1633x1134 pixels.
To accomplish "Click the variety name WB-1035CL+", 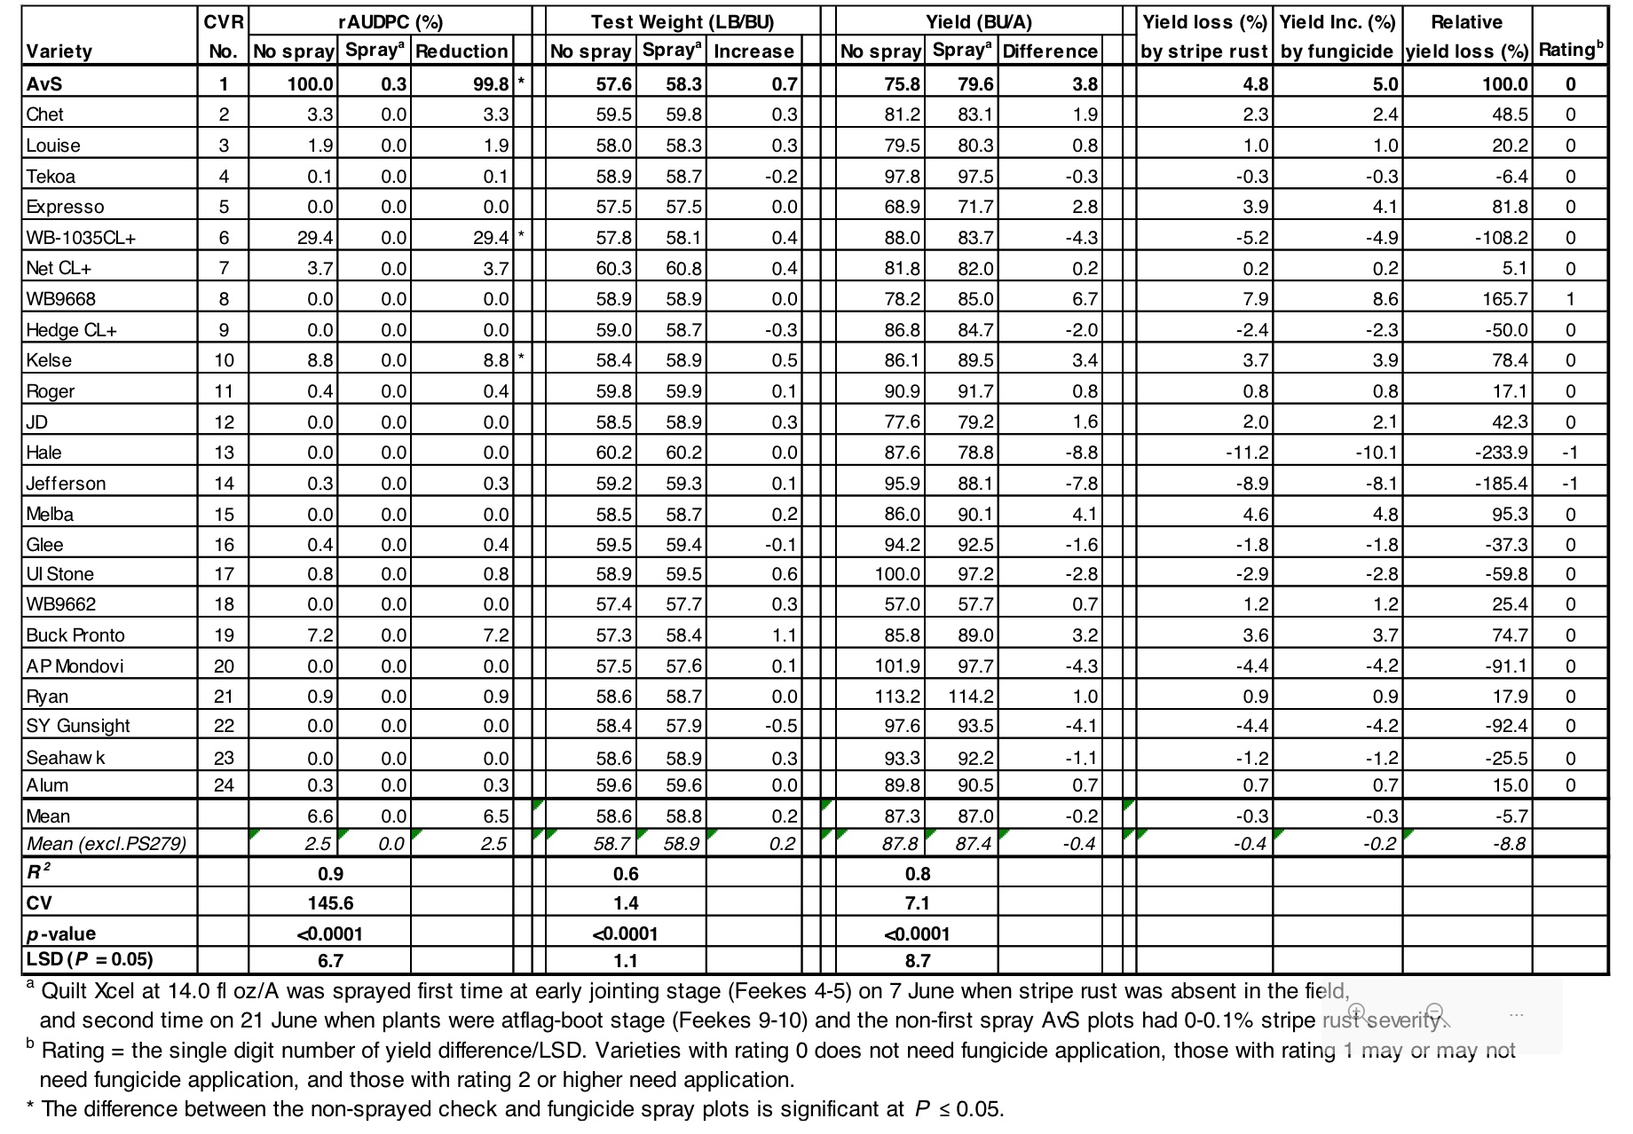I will coord(81,238).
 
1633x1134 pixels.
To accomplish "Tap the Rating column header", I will coord(1570,50).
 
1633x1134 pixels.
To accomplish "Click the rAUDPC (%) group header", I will coord(390,21).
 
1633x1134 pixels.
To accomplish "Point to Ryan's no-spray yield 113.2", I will coord(897,697).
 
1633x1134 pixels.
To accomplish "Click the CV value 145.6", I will coord(330,903).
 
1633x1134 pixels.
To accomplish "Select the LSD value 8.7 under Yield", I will coord(918,960).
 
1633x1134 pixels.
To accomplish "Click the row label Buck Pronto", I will coord(75,635).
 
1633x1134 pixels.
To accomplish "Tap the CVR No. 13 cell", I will coord(224,453).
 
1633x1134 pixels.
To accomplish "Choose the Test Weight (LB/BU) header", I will coord(682,21).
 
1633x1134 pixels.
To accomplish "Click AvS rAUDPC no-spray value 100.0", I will coord(310,84).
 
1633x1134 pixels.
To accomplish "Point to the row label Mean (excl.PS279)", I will coord(106,843).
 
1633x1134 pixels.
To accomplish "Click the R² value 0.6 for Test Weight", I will coord(626,874).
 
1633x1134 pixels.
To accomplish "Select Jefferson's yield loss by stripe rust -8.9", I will coord(1251,484).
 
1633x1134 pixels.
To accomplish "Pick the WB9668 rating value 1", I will coord(1570,299).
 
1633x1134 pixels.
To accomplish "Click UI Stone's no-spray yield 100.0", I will coord(897,574).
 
